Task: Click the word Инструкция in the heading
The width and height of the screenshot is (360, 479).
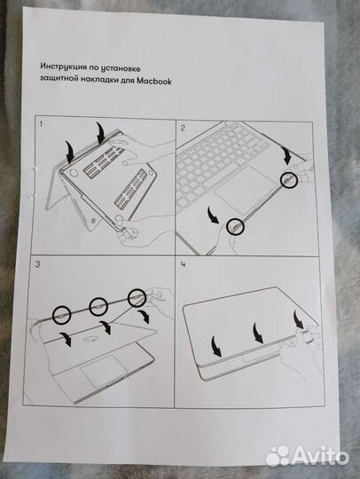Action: [x=65, y=67]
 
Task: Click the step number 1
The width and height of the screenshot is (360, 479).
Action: [x=41, y=127]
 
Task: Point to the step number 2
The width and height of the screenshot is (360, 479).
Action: [x=183, y=128]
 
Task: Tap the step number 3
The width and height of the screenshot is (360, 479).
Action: [x=37, y=264]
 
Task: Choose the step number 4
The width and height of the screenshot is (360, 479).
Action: [x=183, y=264]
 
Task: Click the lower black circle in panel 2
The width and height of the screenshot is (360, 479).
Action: [x=234, y=227]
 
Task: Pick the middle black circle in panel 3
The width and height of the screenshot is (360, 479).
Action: [x=98, y=304]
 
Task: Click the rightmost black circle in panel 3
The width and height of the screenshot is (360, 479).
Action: [x=136, y=296]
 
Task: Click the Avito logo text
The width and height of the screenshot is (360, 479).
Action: [x=320, y=454]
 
